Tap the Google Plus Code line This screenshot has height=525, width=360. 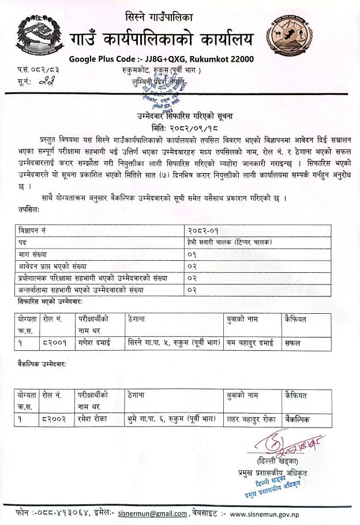click(161, 59)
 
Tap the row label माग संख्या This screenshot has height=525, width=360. click(34, 254)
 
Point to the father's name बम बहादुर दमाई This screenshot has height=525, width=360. click(249, 342)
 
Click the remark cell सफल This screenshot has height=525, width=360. click(294, 342)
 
